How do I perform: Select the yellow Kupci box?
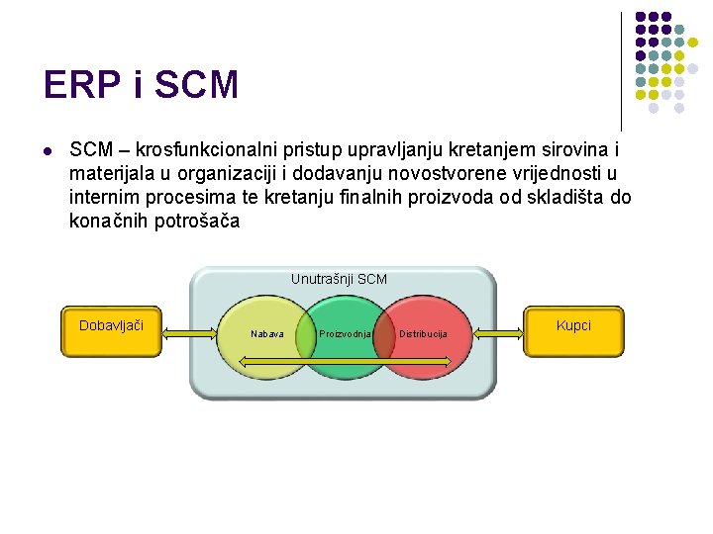coord(573,332)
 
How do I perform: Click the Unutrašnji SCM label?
coord(339,280)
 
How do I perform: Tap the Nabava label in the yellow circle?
coord(267,334)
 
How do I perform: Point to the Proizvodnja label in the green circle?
coord(346,334)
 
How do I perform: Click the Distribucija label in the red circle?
coord(423,334)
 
